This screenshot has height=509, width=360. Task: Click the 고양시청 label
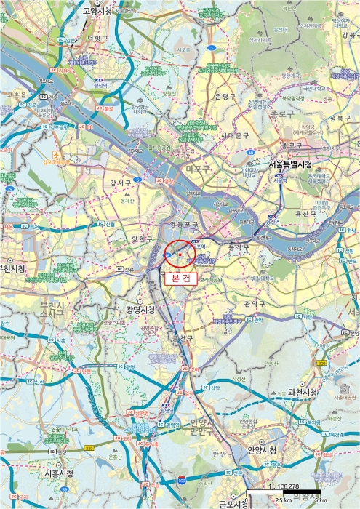pos(101,11)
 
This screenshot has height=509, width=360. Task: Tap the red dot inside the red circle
pos(180,254)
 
